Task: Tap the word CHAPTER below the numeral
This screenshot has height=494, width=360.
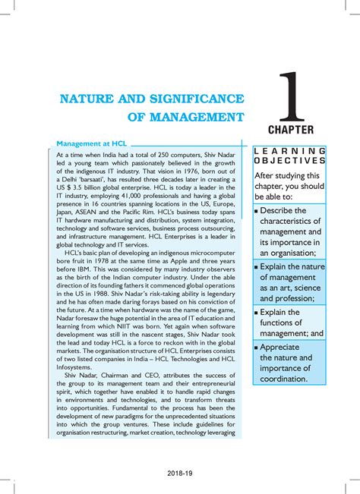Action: pos(296,130)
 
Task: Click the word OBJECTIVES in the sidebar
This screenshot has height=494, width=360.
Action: pos(292,161)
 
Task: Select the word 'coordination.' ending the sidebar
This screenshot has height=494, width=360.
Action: pos(284,378)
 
